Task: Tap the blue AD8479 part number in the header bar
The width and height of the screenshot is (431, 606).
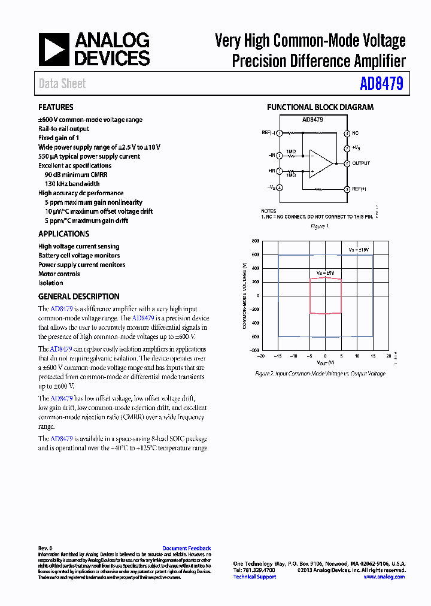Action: [x=381, y=84]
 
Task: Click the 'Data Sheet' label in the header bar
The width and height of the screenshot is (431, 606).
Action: [x=62, y=84]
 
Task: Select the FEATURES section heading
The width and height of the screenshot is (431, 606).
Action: [x=56, y=108]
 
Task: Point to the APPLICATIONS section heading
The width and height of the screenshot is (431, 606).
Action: [x=64, y=234]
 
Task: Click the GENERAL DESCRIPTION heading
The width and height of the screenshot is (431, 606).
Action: [x=79, y=296]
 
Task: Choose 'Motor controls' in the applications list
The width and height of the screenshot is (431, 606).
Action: [x=59, y=274]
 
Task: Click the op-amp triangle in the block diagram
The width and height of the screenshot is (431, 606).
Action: [x=320, y=163]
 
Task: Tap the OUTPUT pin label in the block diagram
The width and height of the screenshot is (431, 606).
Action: [x=361, y=163]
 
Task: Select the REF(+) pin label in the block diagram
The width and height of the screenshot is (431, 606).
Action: [x=359, y=189]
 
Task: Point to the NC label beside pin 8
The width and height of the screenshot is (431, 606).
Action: [x=356, y=133]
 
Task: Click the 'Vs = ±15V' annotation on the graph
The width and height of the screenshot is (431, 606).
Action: [x=359, y=249]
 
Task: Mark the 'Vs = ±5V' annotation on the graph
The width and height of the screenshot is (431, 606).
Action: [x=325, y=272]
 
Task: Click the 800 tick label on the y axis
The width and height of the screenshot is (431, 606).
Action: [x=255, y=241]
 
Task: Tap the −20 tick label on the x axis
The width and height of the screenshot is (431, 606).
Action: [x=261, y=356]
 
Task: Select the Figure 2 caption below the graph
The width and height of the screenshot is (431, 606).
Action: [x=320, y=373]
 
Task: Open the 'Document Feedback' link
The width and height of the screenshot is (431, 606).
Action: [x=187, y=549]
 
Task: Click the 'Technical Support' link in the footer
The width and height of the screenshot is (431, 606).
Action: [x=254, y=577]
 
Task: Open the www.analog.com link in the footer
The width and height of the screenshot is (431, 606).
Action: [x=384, y=577]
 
